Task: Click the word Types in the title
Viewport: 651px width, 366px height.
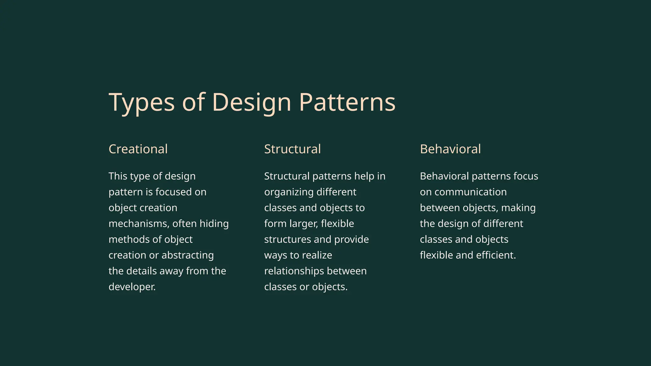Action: tap(141, 102)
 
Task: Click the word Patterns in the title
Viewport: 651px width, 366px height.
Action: tap(347, 102)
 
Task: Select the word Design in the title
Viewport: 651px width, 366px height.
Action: tap(251, 102)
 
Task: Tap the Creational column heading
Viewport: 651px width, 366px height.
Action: tap(138, 149)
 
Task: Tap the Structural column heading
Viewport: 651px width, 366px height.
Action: tap(292, 149)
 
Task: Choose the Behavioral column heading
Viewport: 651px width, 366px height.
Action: tap(450, 149)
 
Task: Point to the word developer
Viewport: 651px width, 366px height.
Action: tap(132, 287)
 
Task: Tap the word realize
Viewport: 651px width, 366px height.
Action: tap(317, 255)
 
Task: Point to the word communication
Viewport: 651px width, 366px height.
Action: tap(470, 192)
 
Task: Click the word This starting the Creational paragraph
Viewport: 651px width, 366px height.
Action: tap(118, 176)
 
